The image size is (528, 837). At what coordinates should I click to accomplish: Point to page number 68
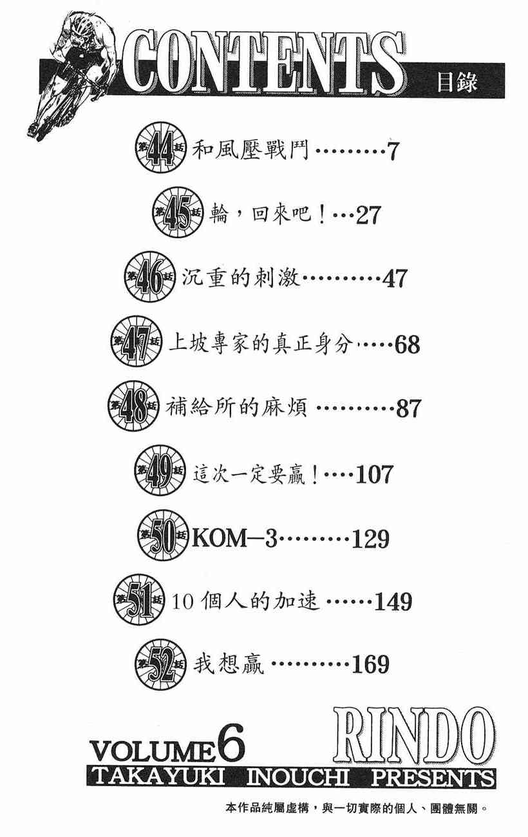[x=408, y=345]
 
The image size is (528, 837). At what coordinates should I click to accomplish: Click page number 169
[x=370, y=664]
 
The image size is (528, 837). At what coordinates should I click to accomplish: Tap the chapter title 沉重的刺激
[x=247, y=279]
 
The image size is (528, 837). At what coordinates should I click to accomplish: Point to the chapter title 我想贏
[x=228, y=664]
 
